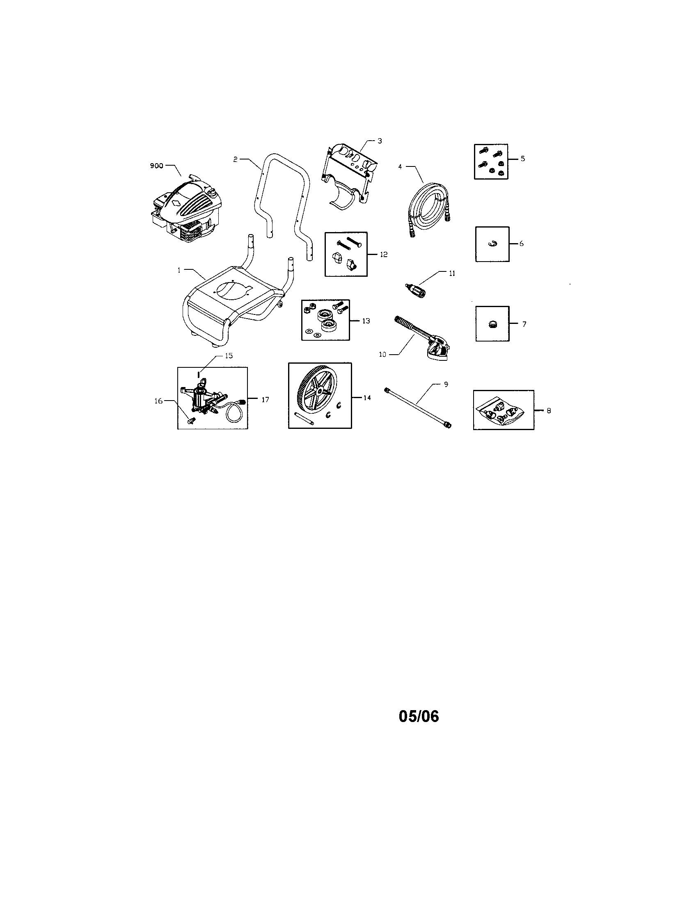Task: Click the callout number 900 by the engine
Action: [156, 166]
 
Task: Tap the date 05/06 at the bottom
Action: [419, 717]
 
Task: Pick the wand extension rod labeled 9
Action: [418, 407]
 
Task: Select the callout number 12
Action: [384, 254]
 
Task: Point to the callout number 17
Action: [265, 399]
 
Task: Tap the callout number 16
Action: [158, 401]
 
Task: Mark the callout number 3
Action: [380, 141]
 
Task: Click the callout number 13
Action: [366, 321]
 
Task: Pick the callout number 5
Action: [523, 159]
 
